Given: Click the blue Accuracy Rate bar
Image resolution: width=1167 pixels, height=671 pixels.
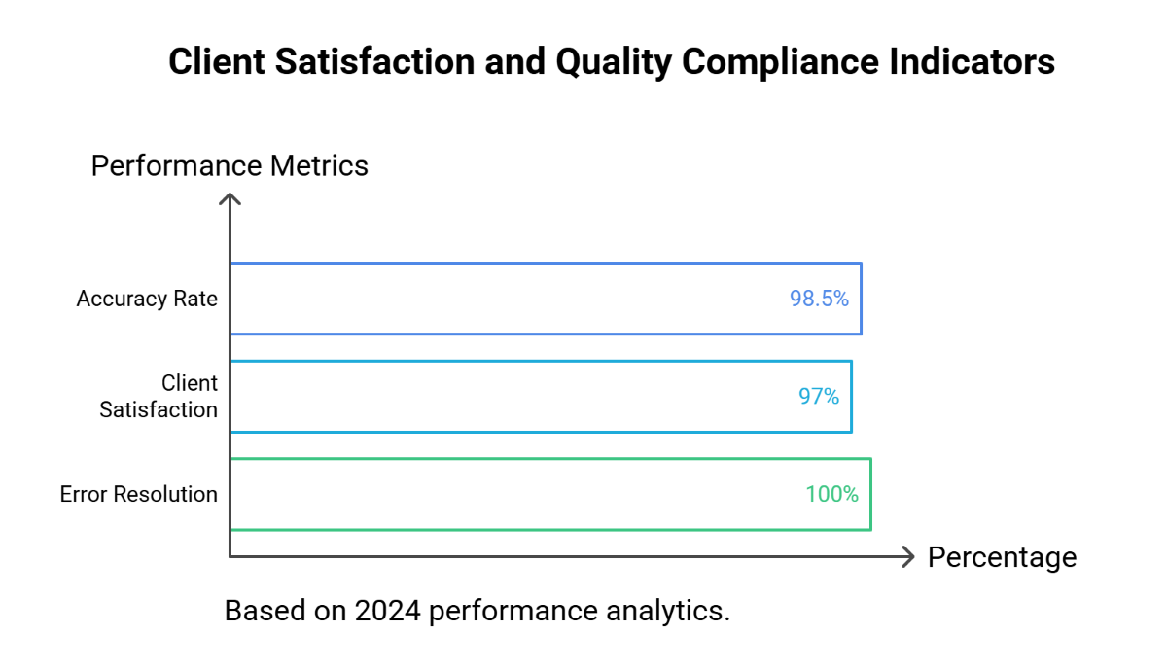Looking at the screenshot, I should (545, 299).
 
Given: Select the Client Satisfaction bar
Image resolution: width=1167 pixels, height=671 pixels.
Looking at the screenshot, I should (540, 397).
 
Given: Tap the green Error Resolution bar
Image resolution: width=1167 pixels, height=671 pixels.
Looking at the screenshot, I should (549, 494).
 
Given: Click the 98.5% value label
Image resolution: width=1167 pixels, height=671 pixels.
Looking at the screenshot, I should (819, 299).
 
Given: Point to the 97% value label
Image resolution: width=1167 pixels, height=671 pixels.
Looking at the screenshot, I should (819, 397).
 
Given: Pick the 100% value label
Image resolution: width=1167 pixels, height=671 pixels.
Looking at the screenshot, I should (831, 494).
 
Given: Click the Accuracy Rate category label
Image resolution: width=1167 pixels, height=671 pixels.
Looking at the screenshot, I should (147, 299).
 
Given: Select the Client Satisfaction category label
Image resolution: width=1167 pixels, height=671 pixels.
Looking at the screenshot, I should (159, 397).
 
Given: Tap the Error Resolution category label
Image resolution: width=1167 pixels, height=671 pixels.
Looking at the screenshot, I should (139, 494).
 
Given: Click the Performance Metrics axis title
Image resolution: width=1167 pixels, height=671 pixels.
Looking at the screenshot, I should (230, 166).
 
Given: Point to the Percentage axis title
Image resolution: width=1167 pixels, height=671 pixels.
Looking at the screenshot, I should (1002, 557).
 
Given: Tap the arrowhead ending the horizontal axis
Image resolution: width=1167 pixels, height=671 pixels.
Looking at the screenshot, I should (908, 556).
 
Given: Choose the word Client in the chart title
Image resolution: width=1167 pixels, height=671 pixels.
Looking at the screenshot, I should (216, 62).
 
